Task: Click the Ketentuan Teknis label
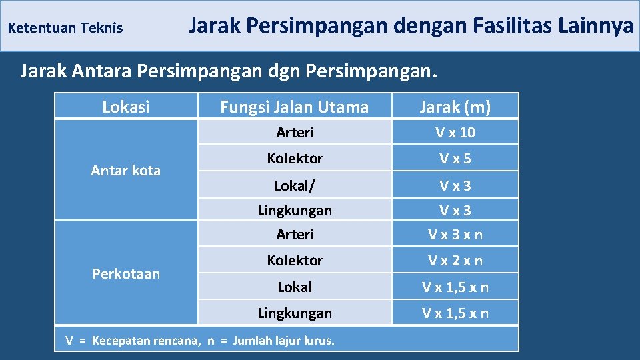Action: point(65,28)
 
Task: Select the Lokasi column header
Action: point(125,107)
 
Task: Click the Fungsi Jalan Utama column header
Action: point(294,107)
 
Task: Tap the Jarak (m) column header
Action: point(455,107)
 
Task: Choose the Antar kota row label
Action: point(125,171)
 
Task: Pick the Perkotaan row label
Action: point(125,274)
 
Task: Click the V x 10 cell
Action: point(455,133)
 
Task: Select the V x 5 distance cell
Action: point(455,159)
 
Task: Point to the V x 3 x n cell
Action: point(455,235)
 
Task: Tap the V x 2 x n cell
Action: point(455,261)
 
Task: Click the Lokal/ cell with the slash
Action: point(294,185)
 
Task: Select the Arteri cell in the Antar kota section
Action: point(294,133)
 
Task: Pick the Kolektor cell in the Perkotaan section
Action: point(294,261)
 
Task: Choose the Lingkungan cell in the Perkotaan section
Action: point(294,313)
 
